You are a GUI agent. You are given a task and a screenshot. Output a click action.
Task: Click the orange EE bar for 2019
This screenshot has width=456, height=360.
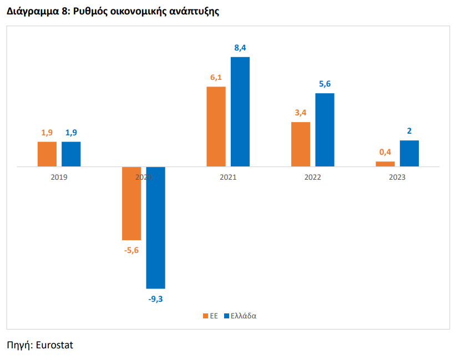47,154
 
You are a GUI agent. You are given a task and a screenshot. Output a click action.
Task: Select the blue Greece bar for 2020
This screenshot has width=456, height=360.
155,227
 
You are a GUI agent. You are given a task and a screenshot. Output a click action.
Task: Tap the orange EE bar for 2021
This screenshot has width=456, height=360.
216,126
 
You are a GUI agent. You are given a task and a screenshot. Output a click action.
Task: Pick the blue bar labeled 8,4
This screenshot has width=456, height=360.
240,111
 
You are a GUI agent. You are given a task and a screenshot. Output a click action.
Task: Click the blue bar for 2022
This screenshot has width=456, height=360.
325,130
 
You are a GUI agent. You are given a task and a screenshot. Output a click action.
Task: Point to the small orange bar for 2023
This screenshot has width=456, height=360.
386,164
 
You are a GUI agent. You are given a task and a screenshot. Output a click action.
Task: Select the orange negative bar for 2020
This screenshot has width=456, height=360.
131,204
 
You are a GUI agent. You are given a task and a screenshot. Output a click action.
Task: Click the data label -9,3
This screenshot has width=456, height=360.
155,299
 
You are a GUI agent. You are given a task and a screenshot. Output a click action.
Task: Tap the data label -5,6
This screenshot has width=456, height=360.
131,250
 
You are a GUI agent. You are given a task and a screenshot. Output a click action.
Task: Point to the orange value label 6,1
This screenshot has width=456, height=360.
216,77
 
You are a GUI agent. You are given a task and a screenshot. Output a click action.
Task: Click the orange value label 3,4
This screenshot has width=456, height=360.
301,113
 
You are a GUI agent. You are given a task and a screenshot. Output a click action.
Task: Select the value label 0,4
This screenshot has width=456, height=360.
386,152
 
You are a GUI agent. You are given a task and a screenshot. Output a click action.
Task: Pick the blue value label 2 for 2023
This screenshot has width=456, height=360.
409,131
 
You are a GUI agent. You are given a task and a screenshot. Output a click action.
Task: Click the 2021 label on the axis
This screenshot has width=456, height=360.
229,177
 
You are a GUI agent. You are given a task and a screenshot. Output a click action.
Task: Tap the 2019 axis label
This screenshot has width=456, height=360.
59,177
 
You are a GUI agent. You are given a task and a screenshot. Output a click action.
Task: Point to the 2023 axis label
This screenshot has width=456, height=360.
397,177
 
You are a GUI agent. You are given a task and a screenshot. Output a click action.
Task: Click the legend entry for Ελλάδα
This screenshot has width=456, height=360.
240,316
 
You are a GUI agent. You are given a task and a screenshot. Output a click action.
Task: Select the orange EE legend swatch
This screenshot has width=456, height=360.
206,316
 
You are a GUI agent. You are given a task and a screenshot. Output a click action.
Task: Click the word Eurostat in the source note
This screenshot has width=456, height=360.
54,345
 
